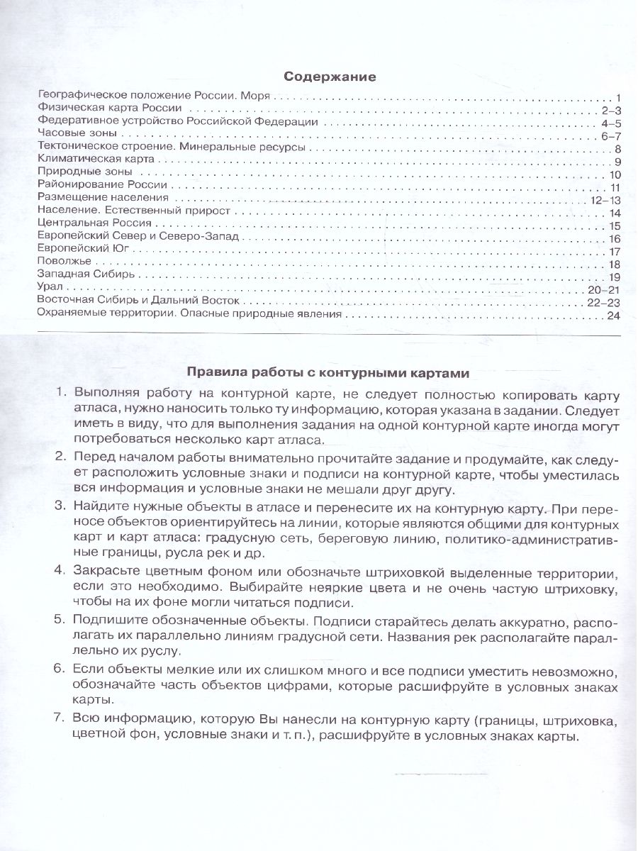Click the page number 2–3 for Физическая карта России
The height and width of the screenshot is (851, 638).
point(610,110)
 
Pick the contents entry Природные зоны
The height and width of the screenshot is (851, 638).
point(75,174)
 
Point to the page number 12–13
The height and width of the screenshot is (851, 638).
point(605,200)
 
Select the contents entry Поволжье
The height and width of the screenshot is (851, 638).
point(60,264)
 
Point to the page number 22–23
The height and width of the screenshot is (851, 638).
point(605,301)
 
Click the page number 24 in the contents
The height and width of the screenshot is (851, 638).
point(615,314)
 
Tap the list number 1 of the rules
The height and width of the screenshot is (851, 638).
point(60,393)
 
